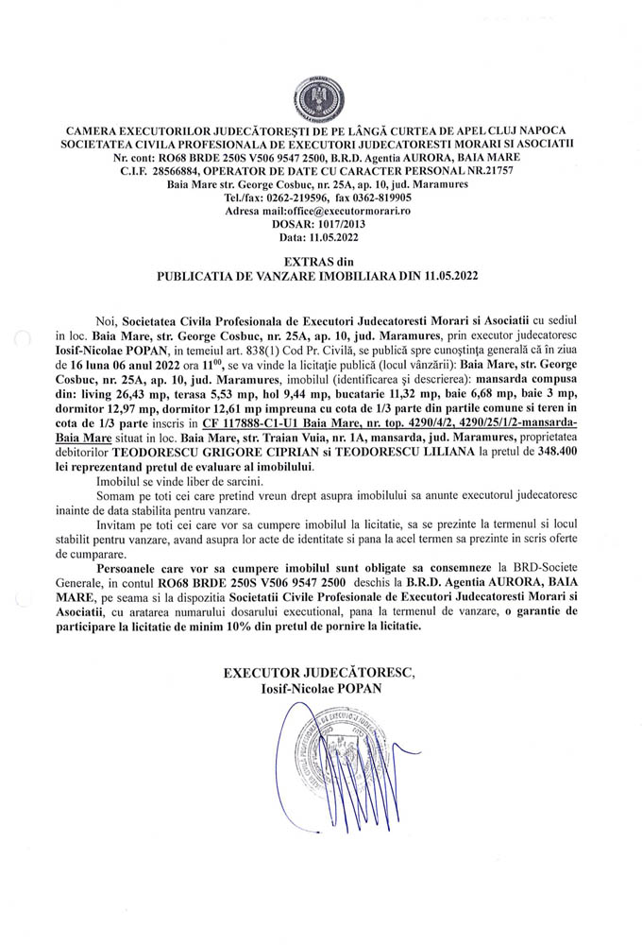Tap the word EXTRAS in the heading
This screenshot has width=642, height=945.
[x=302, y=261]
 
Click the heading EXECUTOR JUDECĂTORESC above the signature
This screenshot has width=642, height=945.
[x=318, y=673]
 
